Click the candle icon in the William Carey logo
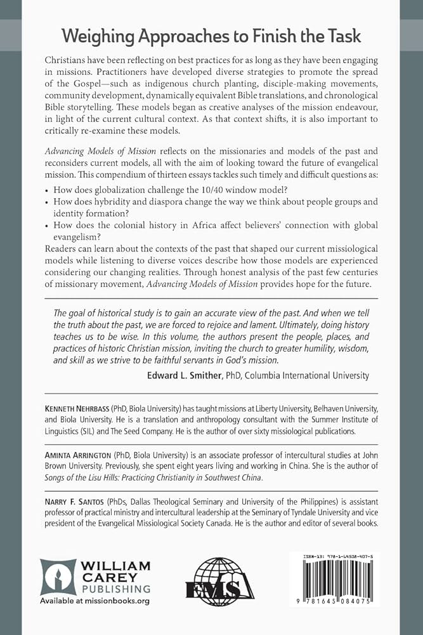coord(58,577)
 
